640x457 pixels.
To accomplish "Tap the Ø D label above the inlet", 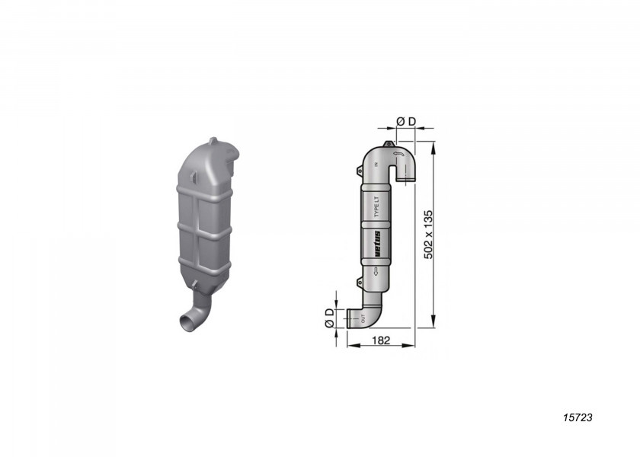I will point(407,121).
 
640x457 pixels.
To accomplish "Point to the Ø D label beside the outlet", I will point(328,318).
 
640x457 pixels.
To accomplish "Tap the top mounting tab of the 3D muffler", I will point(214,142).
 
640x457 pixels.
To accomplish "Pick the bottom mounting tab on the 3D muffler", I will point(195,287).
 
